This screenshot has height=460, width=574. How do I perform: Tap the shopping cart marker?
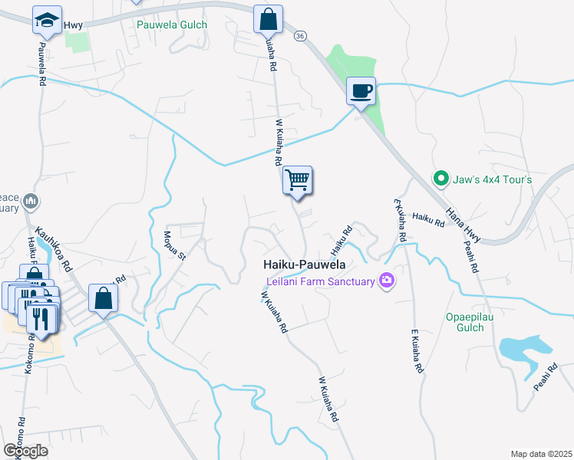point(297,180)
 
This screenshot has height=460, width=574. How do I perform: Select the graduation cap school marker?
point(47,20)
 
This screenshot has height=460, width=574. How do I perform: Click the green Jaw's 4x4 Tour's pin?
point(440,179)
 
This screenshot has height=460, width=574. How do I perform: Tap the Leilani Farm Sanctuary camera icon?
point(387,280)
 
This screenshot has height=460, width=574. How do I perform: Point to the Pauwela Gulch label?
point(172,25)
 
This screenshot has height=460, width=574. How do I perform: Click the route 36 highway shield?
point(300,35)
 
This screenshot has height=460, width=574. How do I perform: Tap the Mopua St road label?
point(175,245)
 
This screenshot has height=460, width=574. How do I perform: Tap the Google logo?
point(25,450)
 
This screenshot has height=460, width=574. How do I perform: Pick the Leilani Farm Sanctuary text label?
point(321,281)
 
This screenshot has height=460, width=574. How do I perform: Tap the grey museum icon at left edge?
point(31,202)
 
